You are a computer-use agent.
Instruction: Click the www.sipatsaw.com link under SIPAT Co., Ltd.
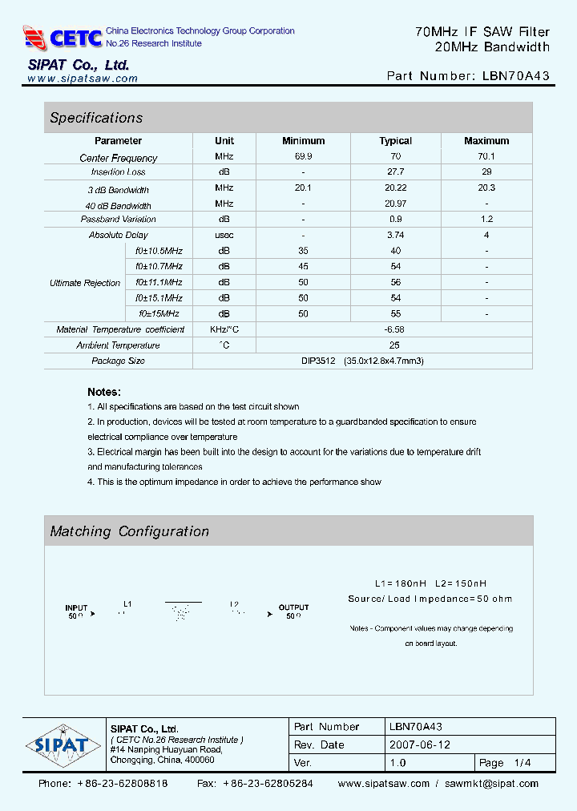pyautogui.click(x=83, y=79)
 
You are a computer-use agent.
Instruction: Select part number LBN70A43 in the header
pyautogui.click(x=517, y=76)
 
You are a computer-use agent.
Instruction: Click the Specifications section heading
pyautogui.click(x=96, y=118)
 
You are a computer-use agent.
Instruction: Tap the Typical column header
pyautogui.click(x=395, y=141)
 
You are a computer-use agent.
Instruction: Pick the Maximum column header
pyautogui.click(x=486, y=141)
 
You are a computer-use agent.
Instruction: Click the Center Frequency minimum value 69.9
pyautogui.click(x=304, y=157)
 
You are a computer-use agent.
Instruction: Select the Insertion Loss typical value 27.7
pyautogui.click(x=395, y=172)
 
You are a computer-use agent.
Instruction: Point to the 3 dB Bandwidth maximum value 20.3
pyautogui.click(x=486, y=188)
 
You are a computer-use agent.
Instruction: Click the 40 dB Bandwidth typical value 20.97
pyautogui.click(x=395, y=204)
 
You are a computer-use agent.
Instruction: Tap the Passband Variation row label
pyautogui.click(x=119, y=220)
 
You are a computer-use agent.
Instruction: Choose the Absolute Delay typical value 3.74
pyautogui.click(x=395, y=236)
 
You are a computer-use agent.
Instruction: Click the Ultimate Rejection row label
pyautogui.click(x=85, y=283)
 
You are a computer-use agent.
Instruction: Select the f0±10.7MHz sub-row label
pyautogui.click(x=159, y=266)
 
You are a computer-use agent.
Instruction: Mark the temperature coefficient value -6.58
pyautogui.click(x=395, y=329)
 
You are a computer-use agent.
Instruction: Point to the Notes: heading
pyautogui.click(x=104, y=392)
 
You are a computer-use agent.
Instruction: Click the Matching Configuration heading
pyautogui.click(x=130, y=531)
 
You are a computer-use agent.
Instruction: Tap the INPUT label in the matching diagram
pyautogui.click(x=76, y=608)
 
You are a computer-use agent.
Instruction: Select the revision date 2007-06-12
pyautogui.click(x=419, y=745)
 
